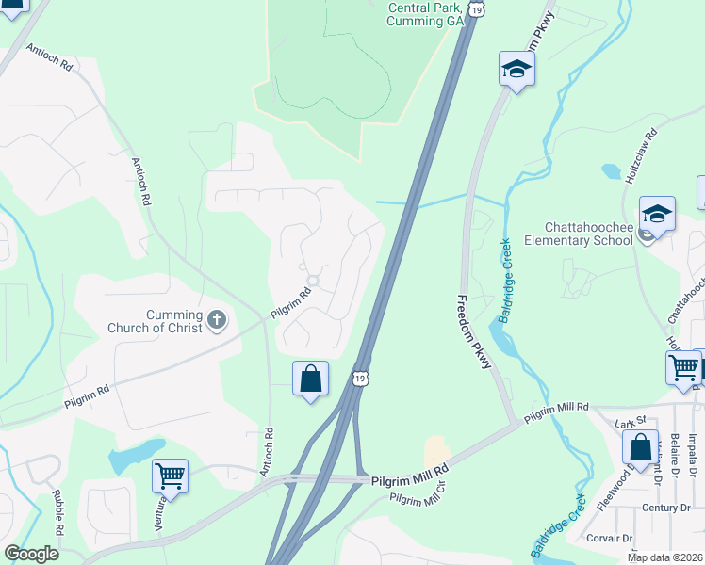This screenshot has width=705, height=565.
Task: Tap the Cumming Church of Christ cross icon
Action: (x=216, y=320)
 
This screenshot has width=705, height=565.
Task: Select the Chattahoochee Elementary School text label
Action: (x=589, y=234)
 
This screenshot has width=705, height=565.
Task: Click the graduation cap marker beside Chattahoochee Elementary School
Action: (x=657, y=213)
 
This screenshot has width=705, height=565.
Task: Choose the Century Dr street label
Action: (x=665, y=508)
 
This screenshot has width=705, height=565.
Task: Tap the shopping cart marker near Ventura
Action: (x=170, y=476)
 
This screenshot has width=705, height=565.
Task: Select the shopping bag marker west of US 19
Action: (x=310, y=379)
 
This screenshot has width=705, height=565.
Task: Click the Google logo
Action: (x=32, y=553)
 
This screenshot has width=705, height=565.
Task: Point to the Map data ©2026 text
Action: (x=665, y=557)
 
